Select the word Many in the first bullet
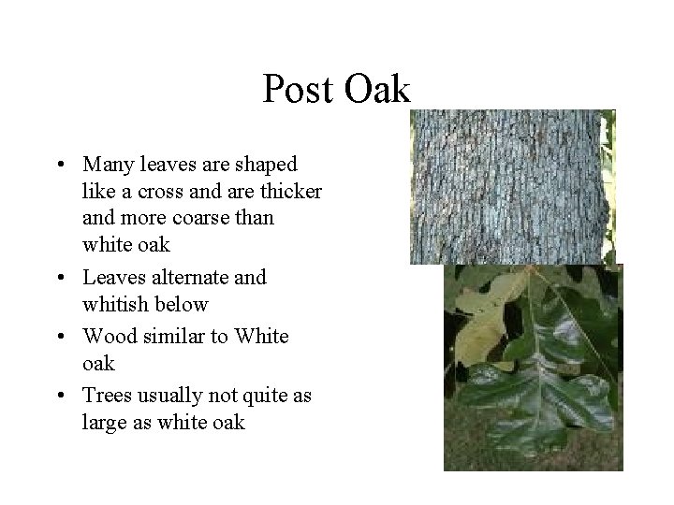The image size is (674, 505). (x=108, y=164)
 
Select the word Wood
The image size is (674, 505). (x=107, y=336)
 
